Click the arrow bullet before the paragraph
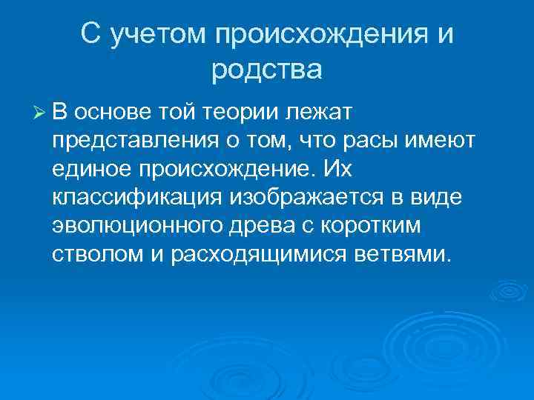(40, 113)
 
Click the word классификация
(137, 198)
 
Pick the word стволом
(93, 255)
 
